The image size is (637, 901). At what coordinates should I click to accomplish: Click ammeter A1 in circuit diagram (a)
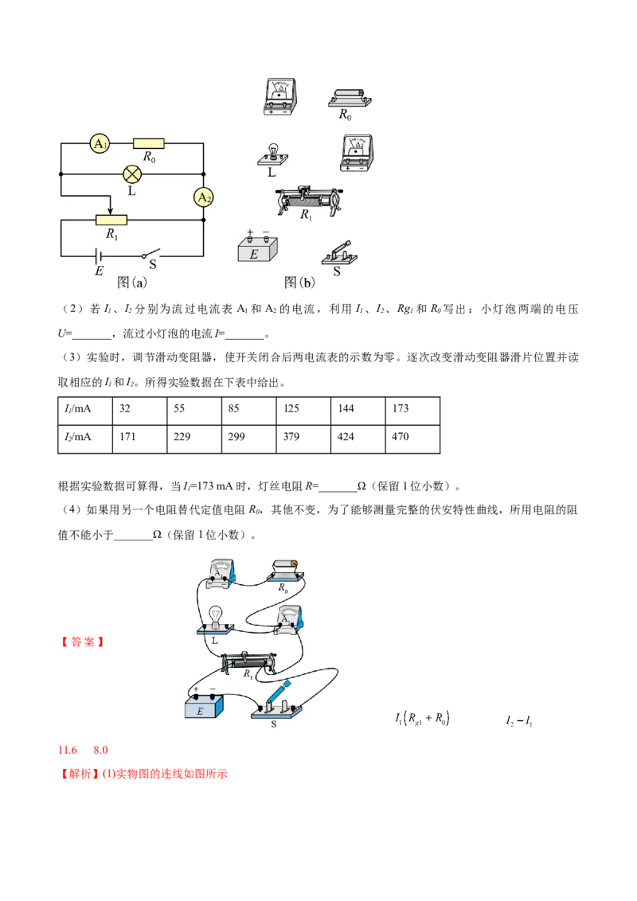(x=100, y=143)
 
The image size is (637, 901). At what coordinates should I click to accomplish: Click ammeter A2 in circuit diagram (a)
(x=204, y=197)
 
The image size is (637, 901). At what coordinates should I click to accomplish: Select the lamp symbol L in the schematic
(x=132, y=174)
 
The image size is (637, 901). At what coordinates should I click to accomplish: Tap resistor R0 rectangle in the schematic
(x=148, y=143)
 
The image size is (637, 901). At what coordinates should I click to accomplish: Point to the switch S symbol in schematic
(x=150, y=254)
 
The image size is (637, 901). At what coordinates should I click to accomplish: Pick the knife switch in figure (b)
(x=339, y=253)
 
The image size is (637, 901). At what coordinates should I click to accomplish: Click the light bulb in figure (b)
(x=272, y=155)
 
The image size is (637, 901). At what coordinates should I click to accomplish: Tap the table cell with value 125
(x=303, y=411)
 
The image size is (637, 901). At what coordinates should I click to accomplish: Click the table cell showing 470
(x=412, y=439)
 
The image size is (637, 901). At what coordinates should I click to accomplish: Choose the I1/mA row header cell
(x=85, y=411)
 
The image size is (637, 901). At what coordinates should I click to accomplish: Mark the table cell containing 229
(x=194, y=439)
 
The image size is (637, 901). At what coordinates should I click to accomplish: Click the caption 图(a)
(x=131, y=282)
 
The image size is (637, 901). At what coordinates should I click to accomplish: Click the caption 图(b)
(x=299, y=282)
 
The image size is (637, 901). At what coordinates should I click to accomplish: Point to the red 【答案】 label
(x=83, y=642)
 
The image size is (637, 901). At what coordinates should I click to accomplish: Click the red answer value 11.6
(x=67, y=750)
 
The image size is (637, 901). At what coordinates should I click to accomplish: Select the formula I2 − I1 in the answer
(x=519, y=720)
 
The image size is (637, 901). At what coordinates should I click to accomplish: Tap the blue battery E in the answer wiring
(x=204, y=706)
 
